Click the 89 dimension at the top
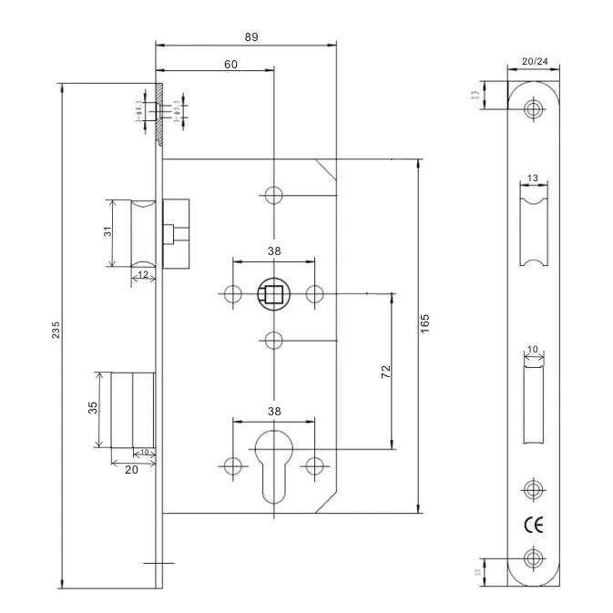tap(251, 36)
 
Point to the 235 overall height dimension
tap(55, 329)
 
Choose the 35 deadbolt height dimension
tap(92, 408)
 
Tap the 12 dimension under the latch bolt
tap(144, 274)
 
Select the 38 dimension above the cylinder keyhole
tap(273, 411)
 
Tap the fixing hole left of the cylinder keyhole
tap(231, 465)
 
